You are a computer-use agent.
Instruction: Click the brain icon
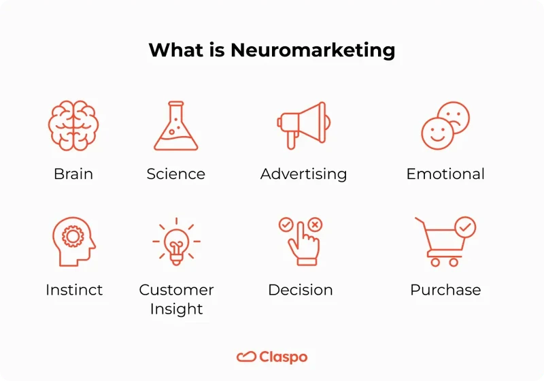point(73,126)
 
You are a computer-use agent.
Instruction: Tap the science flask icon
point(175,127)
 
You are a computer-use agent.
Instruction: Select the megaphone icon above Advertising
point(303,125)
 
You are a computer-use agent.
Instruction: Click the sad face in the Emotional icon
point(454,115)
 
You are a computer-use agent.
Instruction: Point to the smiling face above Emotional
point(436,133)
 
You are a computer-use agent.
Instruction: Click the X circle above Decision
point(315,225)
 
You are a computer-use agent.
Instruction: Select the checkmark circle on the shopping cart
point(466,227)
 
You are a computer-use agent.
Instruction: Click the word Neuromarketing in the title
point(313,50)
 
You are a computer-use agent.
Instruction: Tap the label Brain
point(73,173)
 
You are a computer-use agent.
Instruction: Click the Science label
point(175,173)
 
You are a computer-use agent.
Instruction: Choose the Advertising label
point(303,173)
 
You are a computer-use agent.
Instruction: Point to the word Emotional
point(445,173)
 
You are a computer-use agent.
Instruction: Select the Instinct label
point(74,290)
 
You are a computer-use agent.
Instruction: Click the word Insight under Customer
point(176,309)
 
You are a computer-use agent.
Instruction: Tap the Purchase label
point(445,290)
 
